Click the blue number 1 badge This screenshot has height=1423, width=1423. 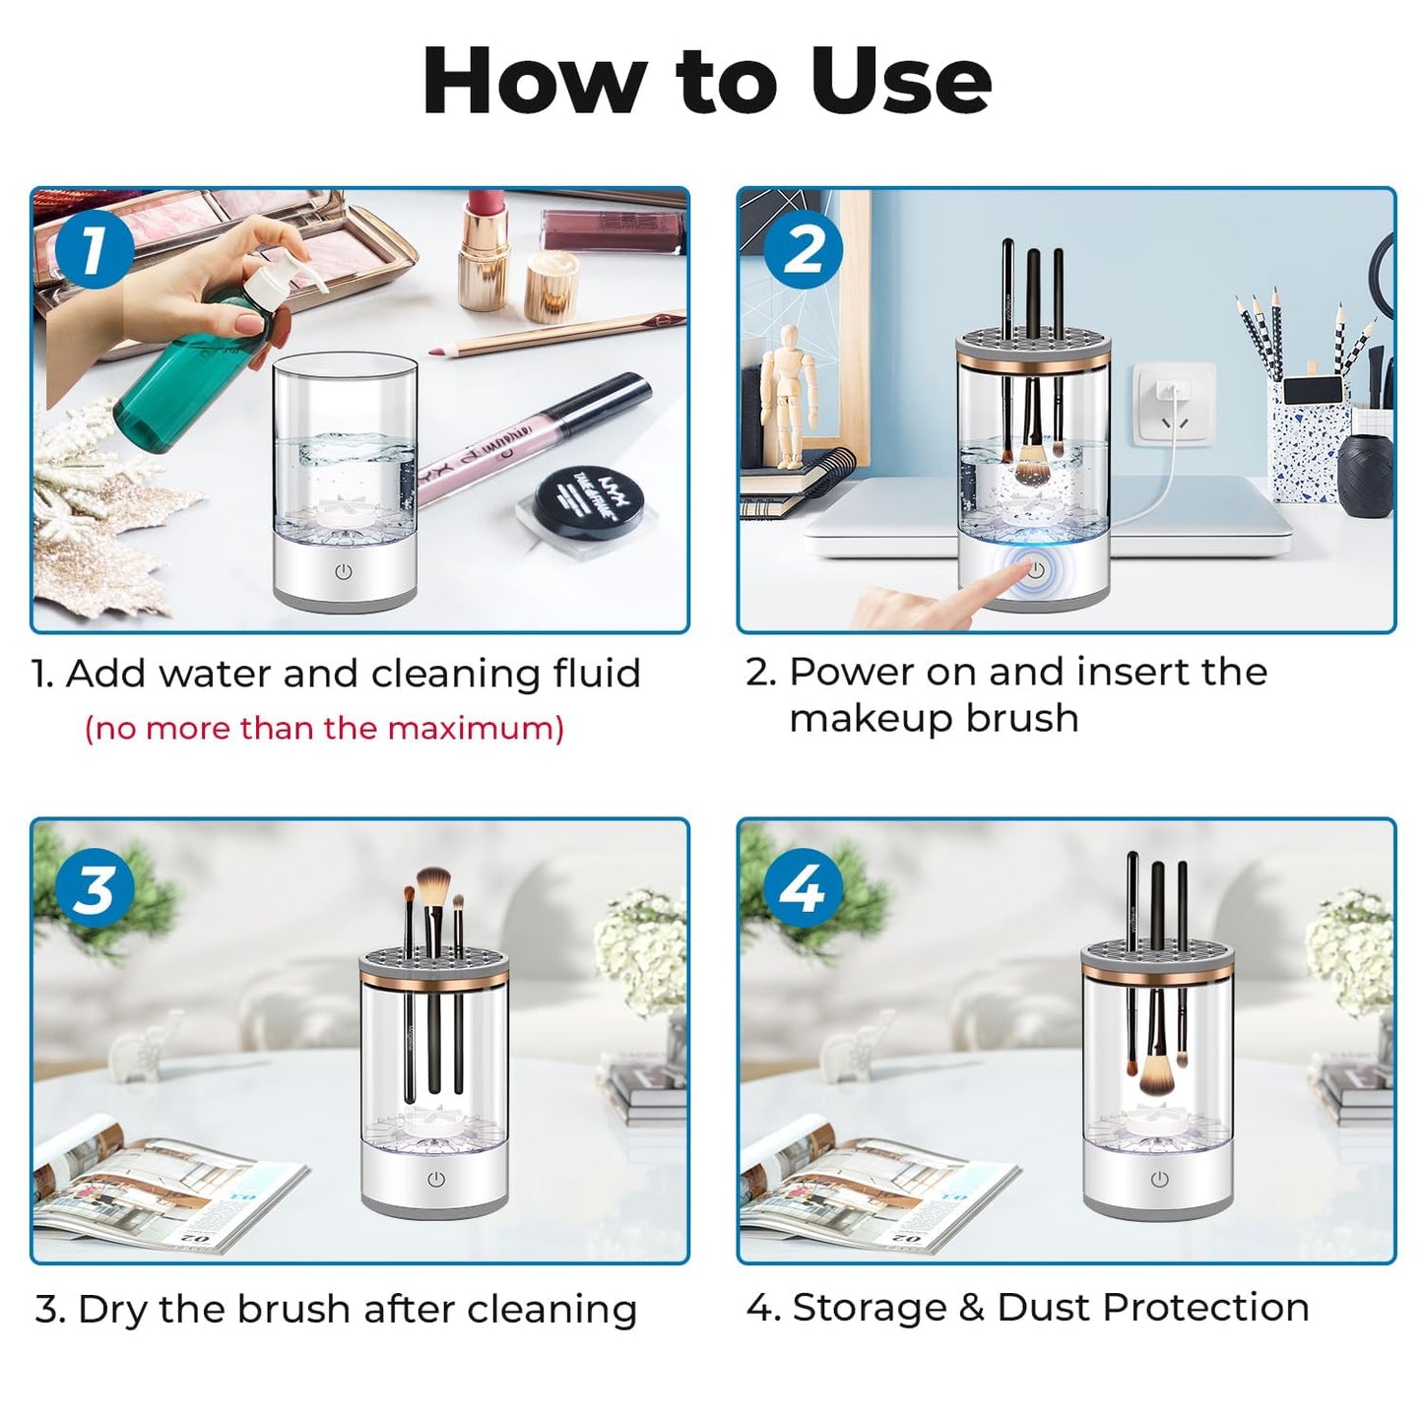click(x=94, y=250)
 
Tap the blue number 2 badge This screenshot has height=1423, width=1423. click(x=803, y=250)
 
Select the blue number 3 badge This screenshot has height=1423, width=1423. click(x=94, y=888)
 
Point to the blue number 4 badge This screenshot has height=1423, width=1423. click(x=803, y=888)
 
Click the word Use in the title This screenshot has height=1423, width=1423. click(x=900, y=82)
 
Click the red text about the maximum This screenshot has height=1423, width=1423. click(x=324, y=729)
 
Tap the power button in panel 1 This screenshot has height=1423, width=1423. click(x=343, y=571)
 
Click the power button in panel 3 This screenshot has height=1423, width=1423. click(x=436, y=1179)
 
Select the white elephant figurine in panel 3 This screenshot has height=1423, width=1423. click(x=146, y=1050)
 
